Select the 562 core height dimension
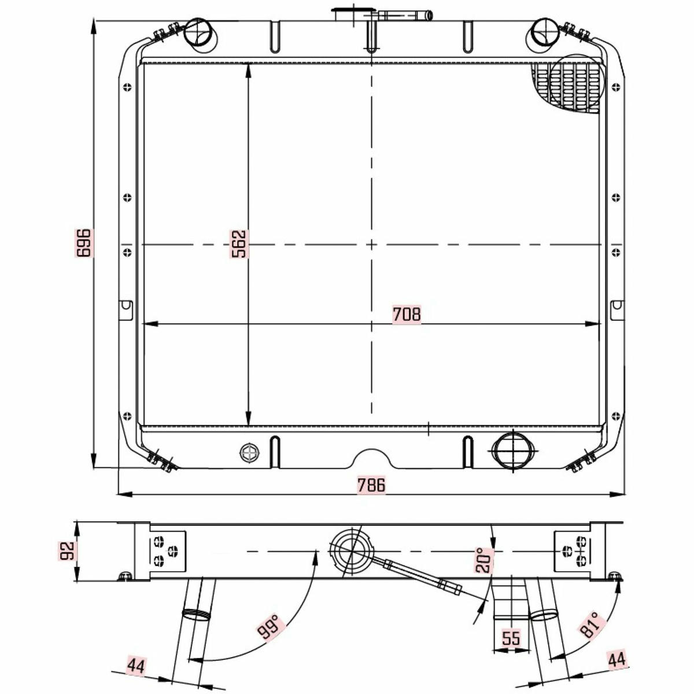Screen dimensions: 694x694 (x=238, y=244)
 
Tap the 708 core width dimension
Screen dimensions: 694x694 (x=406, y=314)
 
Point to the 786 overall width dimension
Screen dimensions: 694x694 (x=371, y=485)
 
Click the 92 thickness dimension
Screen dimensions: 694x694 (x=67, y=551)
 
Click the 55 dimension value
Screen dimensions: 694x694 (x=511, y=638)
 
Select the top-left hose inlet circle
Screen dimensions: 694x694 (x=200, y=35)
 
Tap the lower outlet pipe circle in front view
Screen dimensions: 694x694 (x=512, y=451)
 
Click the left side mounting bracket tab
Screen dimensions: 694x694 (x=126, y=310)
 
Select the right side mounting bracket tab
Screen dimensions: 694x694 (x=617, y=310)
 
